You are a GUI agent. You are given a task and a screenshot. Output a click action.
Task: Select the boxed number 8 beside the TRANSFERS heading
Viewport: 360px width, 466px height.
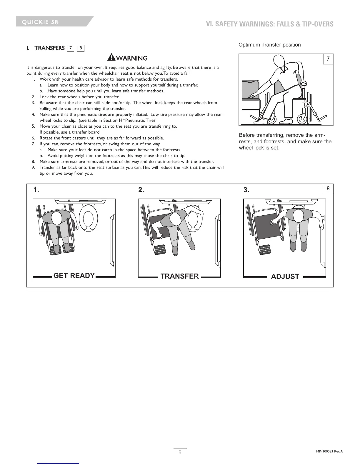[81, 48]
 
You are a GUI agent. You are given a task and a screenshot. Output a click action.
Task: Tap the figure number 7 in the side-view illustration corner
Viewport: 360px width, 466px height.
[328, 59]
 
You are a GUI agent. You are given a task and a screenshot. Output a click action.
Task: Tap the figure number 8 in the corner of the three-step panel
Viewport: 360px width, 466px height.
[328, 189]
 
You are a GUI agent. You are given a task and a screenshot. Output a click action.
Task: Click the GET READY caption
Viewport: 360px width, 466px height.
[74, 276]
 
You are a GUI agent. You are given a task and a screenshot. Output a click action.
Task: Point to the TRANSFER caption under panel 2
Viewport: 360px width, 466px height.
[180, 276]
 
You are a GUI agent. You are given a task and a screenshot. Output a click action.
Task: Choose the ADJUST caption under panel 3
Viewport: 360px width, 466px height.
[285, 277]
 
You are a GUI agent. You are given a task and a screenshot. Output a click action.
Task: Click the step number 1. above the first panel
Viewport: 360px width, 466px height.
[36, 190]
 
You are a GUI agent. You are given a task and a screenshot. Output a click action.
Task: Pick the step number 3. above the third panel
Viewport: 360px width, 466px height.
[246, 190]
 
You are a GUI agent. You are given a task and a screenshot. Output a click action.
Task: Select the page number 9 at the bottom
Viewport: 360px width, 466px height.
[180, 452]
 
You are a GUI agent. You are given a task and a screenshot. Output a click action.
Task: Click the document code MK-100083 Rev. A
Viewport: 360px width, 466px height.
[327, 452]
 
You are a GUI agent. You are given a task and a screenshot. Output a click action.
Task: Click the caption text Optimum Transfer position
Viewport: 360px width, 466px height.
[269, 45]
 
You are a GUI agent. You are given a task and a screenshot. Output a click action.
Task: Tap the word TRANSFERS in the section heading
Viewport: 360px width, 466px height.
[49, 48]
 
